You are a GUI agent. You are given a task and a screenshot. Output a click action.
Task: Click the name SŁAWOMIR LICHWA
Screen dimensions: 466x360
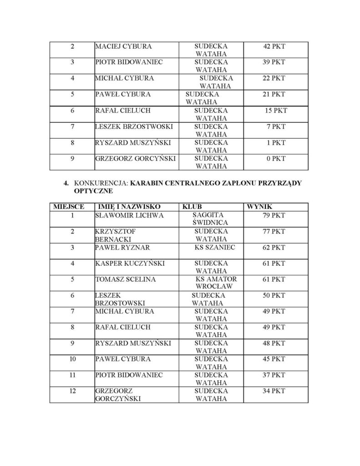(x=129, y=215)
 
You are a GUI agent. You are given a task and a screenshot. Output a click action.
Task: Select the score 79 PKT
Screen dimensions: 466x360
(x=274, y=215)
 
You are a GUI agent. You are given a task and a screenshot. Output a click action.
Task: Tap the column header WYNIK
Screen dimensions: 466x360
(x=259, y=206)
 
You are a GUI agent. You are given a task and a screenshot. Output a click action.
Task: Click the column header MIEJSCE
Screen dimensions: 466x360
(x=68, y=206)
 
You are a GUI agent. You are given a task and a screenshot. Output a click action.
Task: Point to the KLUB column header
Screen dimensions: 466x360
(x=192, y=206)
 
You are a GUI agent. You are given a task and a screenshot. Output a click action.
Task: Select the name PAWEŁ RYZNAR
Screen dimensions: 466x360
(x=122, y=248)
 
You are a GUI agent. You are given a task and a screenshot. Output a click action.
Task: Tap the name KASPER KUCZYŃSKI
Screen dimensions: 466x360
(x=130, y=263)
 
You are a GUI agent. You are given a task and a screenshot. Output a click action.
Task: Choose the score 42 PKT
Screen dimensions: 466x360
(x=274, y=46)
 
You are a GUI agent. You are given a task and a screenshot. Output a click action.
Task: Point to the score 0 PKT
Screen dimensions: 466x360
(x=276, y=158)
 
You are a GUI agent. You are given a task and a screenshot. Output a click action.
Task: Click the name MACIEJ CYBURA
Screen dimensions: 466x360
(x=123, y=46)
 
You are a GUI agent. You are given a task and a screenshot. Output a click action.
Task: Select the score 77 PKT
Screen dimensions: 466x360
(x=274, y=232)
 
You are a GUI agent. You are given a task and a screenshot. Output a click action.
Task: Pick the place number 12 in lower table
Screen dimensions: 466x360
(x=72, y=391)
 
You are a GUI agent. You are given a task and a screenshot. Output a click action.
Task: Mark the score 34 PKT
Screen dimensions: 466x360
(x=274, y=391)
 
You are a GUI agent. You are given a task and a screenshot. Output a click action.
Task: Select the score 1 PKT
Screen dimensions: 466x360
(x=276, y=142)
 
